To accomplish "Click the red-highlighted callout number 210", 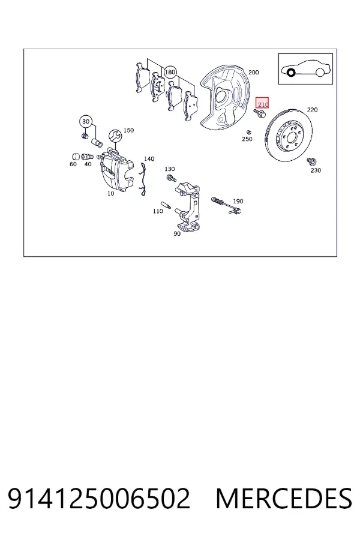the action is tap(262, 103).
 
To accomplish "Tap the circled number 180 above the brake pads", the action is tap(170, 73).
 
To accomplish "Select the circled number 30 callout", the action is tap(86, 122).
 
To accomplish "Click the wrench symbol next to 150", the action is tap(115, 136).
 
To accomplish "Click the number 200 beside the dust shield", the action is tap(253, 73).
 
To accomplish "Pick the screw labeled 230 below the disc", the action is tap(312, 161).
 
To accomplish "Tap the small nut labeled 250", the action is tap(248, 132).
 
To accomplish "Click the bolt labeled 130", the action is tap(171, 178).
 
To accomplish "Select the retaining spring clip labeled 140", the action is tap(143, 179).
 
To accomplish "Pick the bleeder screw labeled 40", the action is tap(88, 157).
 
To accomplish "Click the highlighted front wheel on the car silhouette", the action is tap(291, 73).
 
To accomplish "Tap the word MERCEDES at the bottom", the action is tap(284, 499).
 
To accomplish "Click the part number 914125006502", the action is tap(99, 499).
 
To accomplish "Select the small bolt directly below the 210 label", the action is tap(259, 113).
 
